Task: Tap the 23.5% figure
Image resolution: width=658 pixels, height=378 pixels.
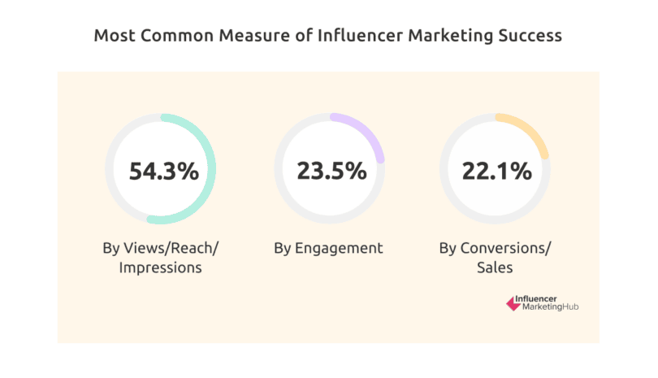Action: click(x=330, y=172)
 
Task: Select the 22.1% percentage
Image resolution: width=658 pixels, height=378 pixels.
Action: click(x=496, y=172)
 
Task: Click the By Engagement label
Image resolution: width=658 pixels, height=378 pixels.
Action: click(x=329, y=248)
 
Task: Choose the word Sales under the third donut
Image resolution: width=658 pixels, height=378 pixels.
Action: click(x=496, y=267)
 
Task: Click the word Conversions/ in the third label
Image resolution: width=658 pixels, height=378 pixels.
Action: click(x=504, y=248)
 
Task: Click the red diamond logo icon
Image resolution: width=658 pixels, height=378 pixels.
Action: click(x=513, y=303)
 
